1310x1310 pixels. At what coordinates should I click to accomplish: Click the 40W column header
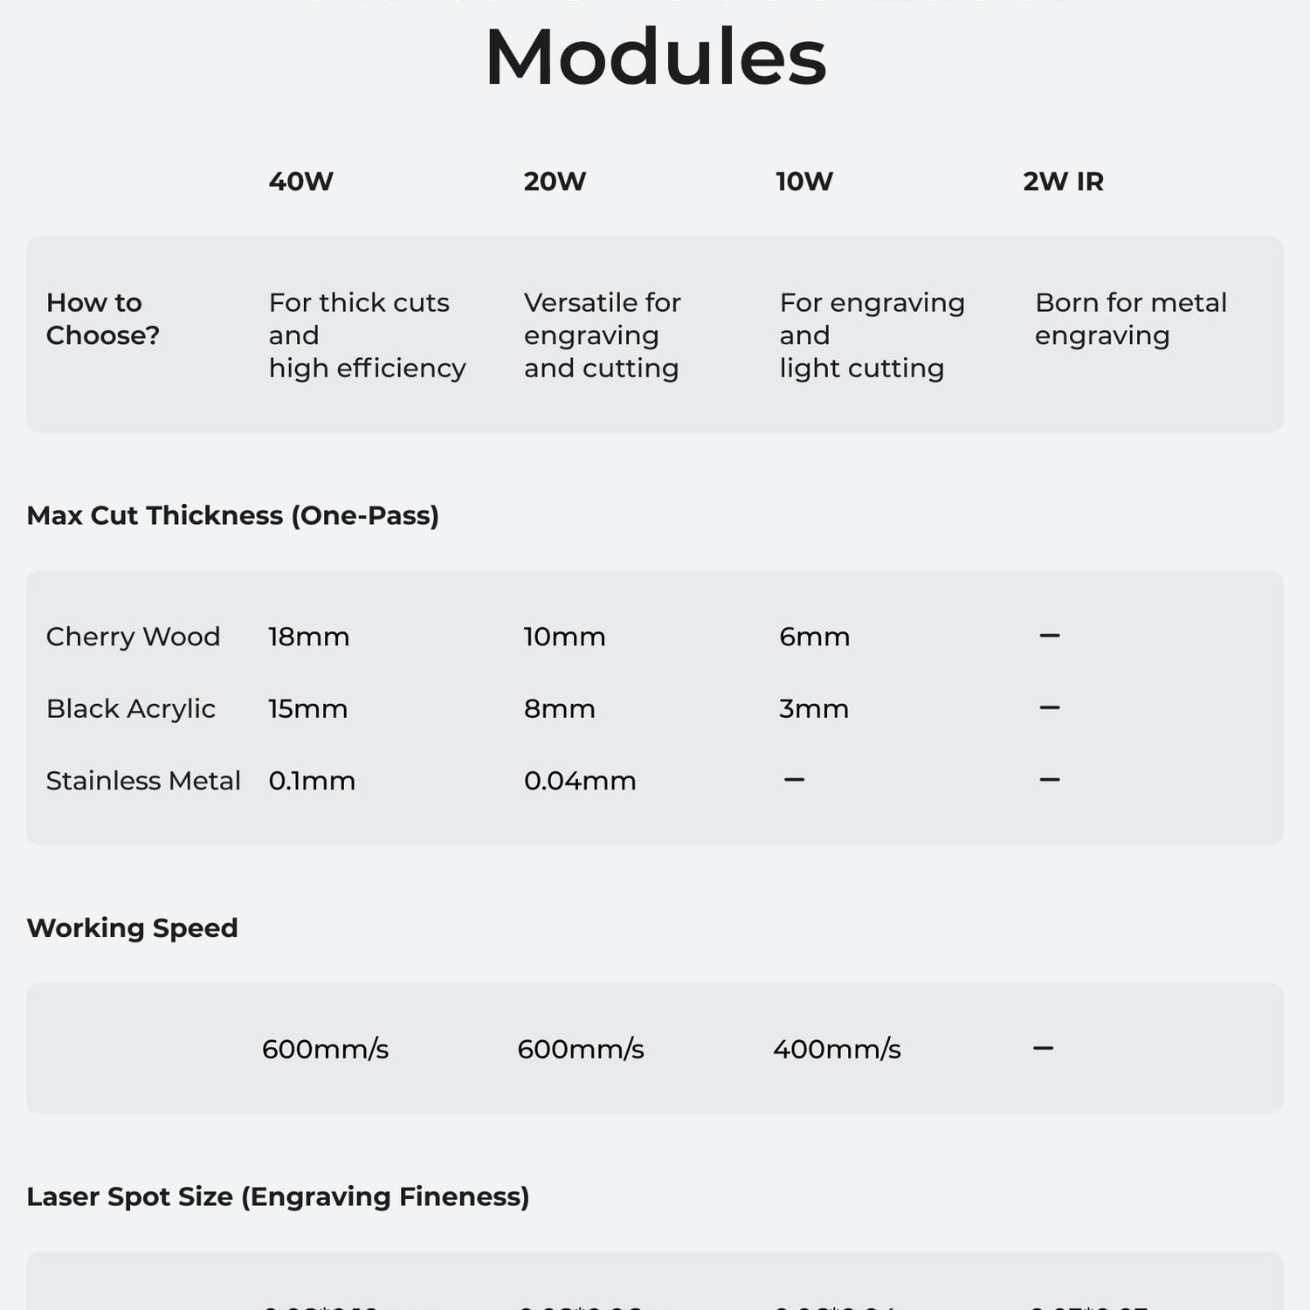click(300, 182)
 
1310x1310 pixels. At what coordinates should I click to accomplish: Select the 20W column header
click(555, 182)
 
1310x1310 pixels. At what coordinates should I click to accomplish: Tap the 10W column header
click(804, 182)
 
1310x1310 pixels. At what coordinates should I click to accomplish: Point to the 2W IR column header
click(1063, 182)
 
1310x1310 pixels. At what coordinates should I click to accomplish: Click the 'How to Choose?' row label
click(103, 319)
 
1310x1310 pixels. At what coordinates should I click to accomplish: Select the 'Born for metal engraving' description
click(1130, 319)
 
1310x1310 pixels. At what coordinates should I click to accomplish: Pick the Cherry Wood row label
click(133, 637)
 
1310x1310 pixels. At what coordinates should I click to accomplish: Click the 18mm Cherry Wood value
click(308, 637)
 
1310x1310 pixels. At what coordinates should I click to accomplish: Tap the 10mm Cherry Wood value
click(564, 637)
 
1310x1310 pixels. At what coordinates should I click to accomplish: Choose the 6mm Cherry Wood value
click(814, 637)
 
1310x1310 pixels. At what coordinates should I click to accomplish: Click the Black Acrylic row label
click(131, 708)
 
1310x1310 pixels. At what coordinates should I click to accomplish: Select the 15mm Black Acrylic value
click(307, 708)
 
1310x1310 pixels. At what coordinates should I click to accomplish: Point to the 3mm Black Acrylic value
click(813, 708)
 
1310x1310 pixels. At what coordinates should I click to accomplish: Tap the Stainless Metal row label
click(143, 781)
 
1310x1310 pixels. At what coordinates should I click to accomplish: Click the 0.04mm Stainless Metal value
click(580, 781)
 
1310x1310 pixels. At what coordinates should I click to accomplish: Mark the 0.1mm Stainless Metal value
click(312, 781)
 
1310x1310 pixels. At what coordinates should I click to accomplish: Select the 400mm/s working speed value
click(837, 1049)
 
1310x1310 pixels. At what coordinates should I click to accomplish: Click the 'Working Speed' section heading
click(133, 927)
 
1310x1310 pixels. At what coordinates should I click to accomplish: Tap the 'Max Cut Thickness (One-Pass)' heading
click(233, 515)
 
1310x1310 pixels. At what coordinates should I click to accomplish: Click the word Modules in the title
click(655, 58)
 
